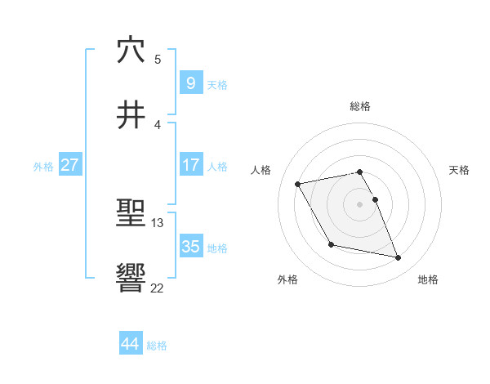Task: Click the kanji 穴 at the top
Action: pos(131,50)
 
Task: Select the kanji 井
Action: pos(131,115)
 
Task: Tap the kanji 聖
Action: pos(131,214)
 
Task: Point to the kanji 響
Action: pos(131,279)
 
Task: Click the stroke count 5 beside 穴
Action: pos(158,59)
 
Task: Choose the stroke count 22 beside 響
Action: pos(158,288)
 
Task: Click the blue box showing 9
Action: pos(190,83)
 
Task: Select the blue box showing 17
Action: pos(190,164)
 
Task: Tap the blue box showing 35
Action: pos(190,246)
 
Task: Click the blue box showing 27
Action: pos(69,165)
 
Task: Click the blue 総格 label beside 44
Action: pos(157,346)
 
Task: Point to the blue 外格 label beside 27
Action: pos(43,166)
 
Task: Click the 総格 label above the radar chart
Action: pos(360,106)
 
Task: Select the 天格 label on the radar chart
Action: pos(460,170)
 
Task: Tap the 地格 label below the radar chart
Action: pos(428,279)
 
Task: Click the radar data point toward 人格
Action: pos(298,184)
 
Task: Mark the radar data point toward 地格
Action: pos(399,258)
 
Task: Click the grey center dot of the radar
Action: pos(360,204)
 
